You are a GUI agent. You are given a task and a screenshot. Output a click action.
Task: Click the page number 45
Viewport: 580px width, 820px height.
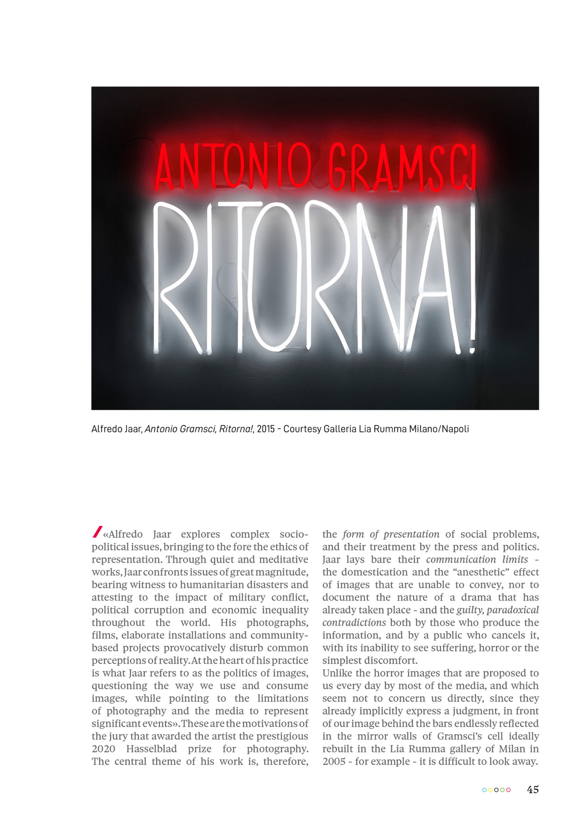[x=532, y=789]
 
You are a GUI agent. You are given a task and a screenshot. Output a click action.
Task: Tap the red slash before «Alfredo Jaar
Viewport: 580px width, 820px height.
[x=97, y=532]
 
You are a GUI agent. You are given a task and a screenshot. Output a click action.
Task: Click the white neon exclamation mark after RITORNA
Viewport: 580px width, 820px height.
[x=472, y=278]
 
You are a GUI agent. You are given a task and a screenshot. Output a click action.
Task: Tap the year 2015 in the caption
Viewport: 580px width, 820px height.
[x=266, y=429]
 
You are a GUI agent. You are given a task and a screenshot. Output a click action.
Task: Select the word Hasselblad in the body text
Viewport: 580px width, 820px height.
[x=152, y=749]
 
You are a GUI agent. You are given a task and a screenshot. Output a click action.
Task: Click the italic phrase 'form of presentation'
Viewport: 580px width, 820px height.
[x=391, y=534]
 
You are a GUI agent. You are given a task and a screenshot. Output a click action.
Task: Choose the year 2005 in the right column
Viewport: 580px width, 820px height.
[x=334, y=762]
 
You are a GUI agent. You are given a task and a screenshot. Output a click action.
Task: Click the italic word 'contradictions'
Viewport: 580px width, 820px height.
[x=354, y=623]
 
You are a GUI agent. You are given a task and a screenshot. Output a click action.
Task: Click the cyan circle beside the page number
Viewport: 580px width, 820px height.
[x=484, y=790]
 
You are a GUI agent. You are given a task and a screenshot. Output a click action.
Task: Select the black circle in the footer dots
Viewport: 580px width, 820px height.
[x=496, y=790]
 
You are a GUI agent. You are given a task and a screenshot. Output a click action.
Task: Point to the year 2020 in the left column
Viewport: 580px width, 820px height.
[x=103, y=749]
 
